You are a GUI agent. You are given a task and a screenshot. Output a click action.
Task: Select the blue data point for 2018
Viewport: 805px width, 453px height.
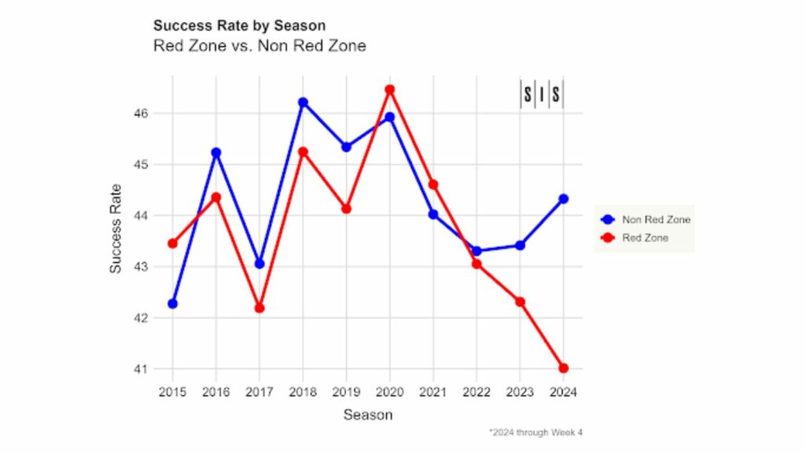303,102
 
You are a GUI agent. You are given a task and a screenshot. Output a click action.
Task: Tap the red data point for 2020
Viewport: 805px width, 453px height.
389,90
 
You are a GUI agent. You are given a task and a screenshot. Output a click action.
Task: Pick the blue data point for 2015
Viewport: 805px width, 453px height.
172,304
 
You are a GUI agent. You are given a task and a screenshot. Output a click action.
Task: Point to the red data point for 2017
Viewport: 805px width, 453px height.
259,308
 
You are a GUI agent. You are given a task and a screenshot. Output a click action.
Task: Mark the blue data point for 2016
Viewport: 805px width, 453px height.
216,153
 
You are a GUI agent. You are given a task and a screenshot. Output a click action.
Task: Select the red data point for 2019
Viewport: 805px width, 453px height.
346,208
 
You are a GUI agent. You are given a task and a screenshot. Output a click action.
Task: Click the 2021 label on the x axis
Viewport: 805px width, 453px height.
432,391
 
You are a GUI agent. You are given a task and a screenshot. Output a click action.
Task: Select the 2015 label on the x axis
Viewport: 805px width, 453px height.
172,391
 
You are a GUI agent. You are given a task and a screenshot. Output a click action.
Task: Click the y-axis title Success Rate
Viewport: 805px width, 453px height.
116,228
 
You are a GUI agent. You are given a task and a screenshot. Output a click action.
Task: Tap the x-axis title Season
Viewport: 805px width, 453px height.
367,414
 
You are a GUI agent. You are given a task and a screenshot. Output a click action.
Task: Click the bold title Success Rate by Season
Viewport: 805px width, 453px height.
239,27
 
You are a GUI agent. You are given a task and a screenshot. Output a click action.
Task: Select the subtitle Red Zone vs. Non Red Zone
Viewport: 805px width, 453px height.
259,46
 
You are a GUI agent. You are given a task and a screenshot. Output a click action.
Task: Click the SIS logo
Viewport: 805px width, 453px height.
542,94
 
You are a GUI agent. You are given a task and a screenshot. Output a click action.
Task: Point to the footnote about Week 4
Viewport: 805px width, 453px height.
535,432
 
